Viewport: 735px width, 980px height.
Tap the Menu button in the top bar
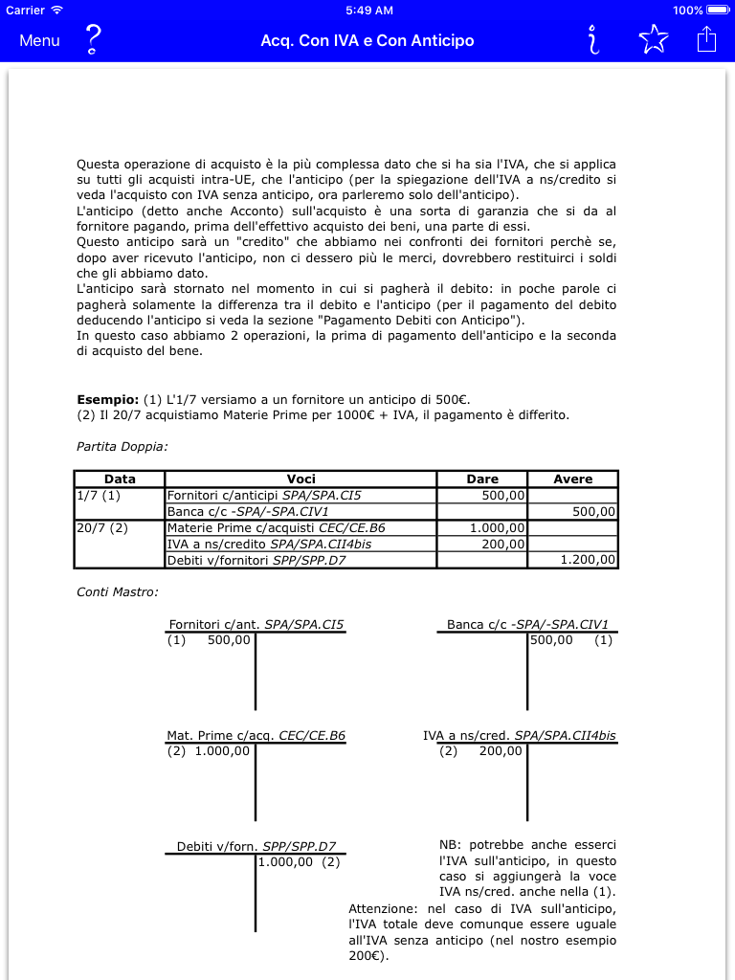39,40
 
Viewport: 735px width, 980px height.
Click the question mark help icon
93,39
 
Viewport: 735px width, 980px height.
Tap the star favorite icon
653,39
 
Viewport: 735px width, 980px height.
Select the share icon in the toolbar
706,39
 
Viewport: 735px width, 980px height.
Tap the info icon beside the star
594,39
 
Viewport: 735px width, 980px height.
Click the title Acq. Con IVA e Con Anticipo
367,40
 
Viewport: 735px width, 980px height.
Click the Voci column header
301,479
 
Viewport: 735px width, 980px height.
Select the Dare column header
482,479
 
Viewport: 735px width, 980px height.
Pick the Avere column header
572,479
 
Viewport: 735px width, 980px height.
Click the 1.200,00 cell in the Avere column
588,560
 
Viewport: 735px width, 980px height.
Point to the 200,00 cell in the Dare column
501,544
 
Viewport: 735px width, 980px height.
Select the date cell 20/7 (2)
102,527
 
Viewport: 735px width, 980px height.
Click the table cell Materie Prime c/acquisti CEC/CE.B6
277,527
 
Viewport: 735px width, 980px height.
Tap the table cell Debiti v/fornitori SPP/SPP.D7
256,560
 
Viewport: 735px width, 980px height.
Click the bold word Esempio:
107,399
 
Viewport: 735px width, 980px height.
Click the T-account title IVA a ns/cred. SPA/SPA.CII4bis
520,735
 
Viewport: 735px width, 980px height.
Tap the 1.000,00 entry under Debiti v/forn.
286,861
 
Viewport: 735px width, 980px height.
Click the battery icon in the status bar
717,11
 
